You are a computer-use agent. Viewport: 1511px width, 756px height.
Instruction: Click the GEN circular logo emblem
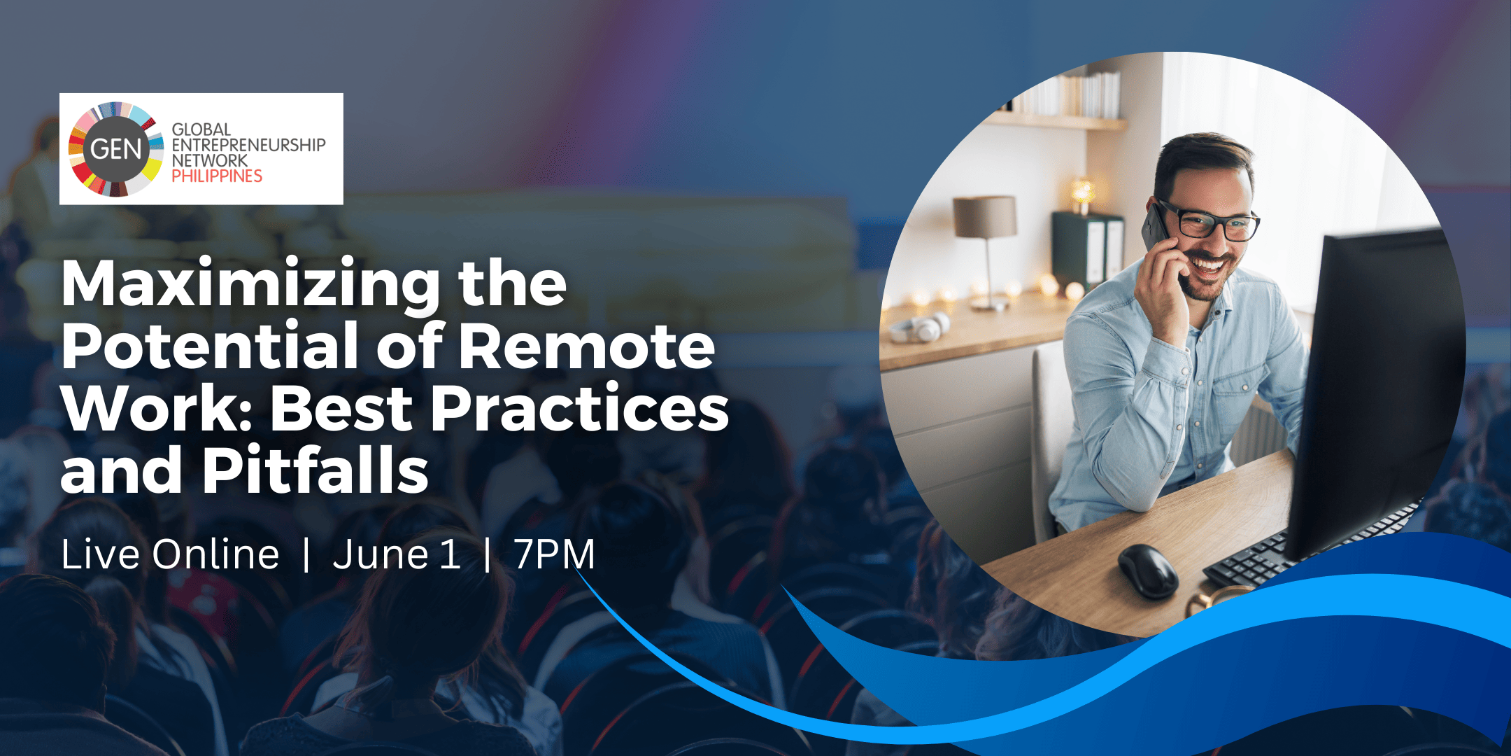coord(116,149)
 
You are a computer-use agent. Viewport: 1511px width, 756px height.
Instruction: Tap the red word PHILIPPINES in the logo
coord(217,176)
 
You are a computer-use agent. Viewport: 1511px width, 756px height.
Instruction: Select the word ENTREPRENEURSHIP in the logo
coord(249,145)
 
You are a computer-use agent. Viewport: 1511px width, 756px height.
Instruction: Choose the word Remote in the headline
coord(587,346)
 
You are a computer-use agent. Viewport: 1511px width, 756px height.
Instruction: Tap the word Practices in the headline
coord(580,408)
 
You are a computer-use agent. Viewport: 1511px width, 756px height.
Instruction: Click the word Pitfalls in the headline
coord(316,469)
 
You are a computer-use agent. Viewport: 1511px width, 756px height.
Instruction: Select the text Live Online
coord(170,554)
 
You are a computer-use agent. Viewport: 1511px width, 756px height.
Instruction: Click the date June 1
coord(397,554)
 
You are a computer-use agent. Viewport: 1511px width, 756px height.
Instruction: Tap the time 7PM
coord(555,554)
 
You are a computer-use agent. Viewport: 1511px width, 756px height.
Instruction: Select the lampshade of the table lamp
coord(985,217)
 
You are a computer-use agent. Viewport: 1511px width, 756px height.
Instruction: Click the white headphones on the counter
coord(919,327)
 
